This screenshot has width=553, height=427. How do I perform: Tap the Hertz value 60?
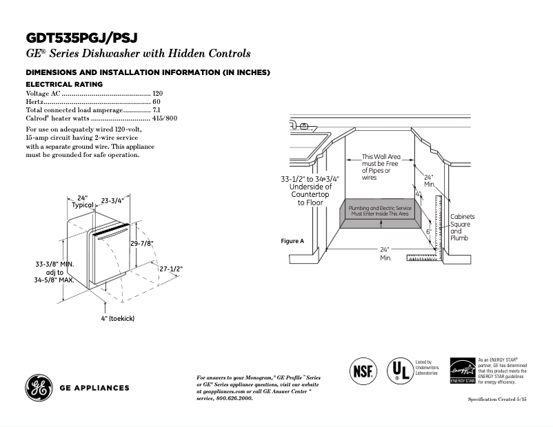(157, 101)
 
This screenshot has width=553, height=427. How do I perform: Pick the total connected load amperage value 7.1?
(157, 110)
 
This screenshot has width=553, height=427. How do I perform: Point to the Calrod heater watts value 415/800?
(165, 118)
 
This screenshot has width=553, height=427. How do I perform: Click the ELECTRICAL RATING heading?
(64, 84)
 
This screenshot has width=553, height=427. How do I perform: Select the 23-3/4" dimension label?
(112, 201)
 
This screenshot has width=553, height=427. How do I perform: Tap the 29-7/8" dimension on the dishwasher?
(141, 243)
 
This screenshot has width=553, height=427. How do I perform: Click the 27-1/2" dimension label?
(171, 269)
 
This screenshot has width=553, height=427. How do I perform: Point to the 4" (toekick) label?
(117, 318)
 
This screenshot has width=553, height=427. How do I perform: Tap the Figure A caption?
(292, 241)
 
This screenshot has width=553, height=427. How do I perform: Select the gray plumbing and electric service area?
(379, 211)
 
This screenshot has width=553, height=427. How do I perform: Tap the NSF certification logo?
(364, 371)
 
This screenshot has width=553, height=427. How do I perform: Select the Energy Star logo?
(462, 371)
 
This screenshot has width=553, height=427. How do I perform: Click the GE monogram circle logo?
(39, 388)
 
